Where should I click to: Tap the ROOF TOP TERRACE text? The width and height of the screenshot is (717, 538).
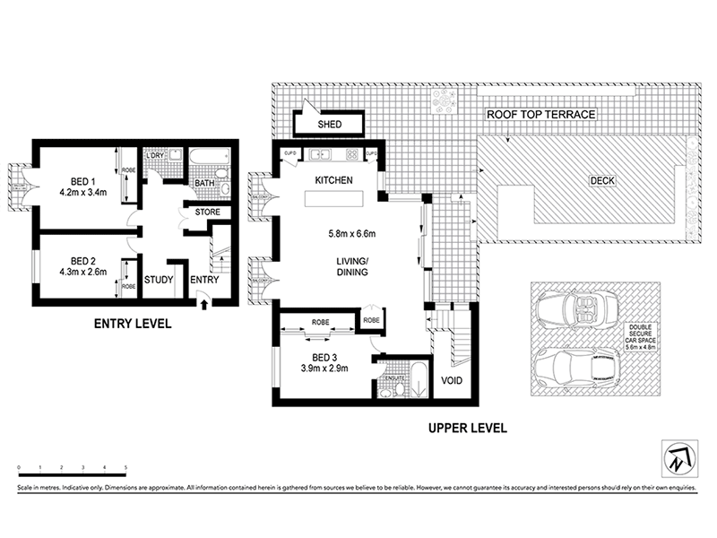[x=540, y=116]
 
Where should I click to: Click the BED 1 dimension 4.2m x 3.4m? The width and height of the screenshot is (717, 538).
[x=82, y=192]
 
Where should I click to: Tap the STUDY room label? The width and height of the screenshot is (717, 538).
[x=159, y=279]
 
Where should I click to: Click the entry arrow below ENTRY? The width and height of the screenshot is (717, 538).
[x=204, y=304]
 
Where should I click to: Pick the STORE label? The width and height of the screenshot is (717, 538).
[x=207, y=213]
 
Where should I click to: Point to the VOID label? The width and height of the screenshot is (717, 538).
[x=452, y=380]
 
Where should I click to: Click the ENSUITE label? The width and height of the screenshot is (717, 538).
[x=393, y=380]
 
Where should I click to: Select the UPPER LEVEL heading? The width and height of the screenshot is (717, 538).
[x=469, y=428]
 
